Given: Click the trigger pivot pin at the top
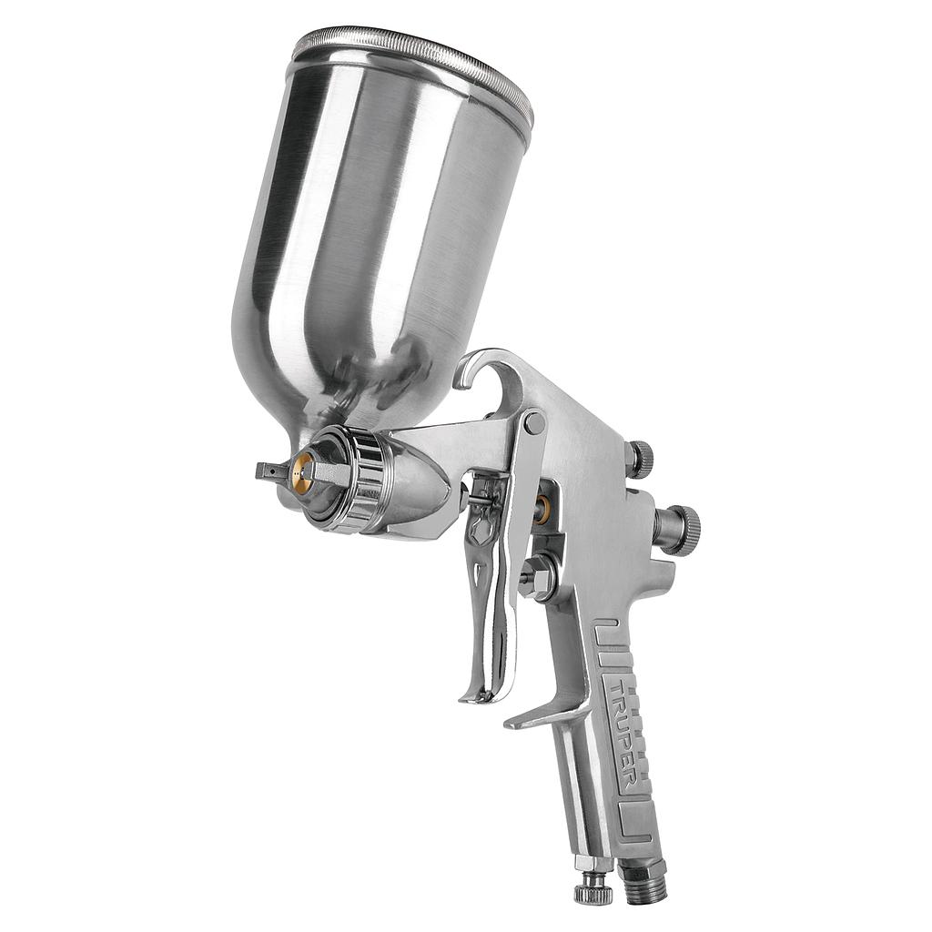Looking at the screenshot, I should [x=534, y=423].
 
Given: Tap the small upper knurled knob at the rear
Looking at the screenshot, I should [x=640, y=460].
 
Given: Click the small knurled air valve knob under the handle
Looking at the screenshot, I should [x=593, y=887].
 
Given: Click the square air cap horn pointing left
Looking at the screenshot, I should [x=271, y=471].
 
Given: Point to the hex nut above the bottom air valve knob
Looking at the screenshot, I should [x=592, y=862].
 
